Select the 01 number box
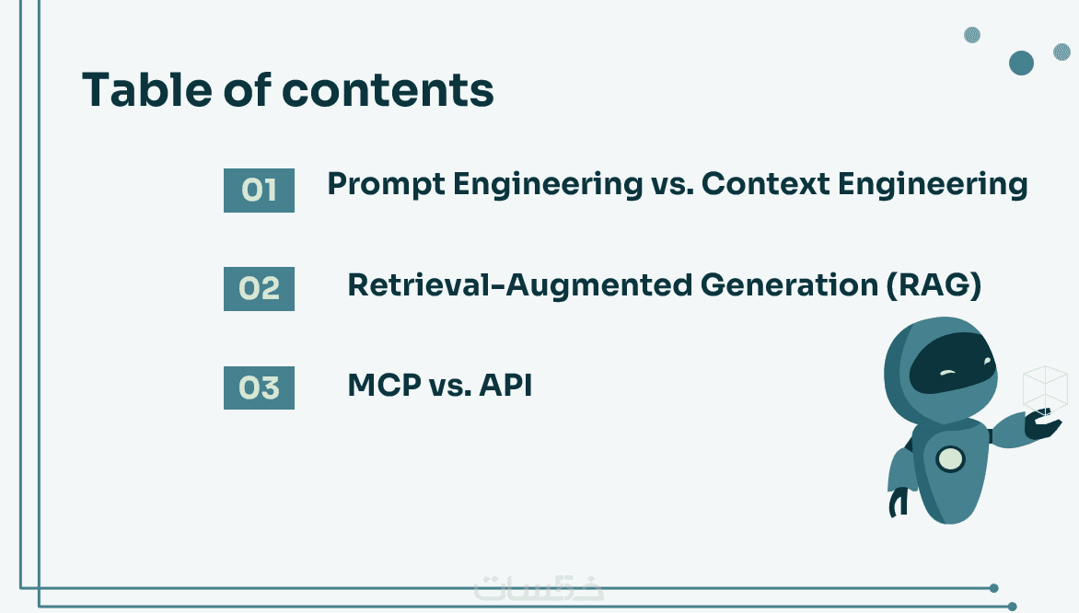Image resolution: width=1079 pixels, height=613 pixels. [259, 190]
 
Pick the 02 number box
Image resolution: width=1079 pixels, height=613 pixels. [259, 288]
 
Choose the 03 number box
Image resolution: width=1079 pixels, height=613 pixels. [259, 387]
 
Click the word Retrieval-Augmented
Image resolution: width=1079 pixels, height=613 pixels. [519, 285]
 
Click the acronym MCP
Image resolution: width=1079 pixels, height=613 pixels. [385, 386]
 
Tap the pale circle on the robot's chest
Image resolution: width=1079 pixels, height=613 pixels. [951, 459]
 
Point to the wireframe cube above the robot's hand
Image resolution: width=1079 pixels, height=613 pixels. [1045, 389]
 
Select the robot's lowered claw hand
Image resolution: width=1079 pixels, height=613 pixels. [898, 503]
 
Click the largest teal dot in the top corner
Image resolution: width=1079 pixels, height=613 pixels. [1021, 63]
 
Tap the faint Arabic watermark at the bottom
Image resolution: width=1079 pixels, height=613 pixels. [539, 588]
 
